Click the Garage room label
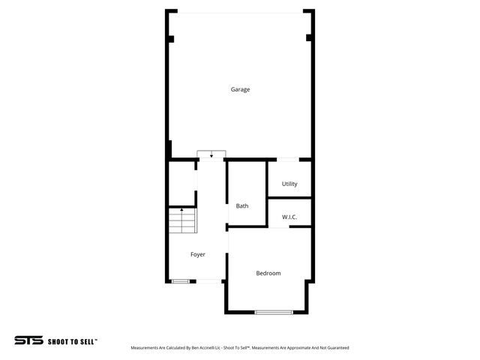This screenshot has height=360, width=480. tap(240, 90)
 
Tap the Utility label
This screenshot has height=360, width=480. tap(289, 184)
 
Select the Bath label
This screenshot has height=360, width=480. tap(242, 206)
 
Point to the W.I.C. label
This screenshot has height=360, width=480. tap(289, 217)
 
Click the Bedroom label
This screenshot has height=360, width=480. tap(268, 273)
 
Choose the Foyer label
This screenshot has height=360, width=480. tap(197, 255)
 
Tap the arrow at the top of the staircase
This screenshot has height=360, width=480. tap(181, 211)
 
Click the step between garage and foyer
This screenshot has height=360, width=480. tap(211, 155)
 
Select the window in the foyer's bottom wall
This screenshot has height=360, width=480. tap(180, 281)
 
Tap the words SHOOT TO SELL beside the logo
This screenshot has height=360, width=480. tap(73, 341)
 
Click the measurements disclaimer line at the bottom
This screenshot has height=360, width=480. tap(240, 348)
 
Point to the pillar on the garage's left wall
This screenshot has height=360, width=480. tap(171, 38)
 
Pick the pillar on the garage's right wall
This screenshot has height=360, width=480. tap(309, 38)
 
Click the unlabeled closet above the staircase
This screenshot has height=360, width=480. tap(181, 184)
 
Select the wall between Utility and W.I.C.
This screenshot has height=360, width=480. tap(289, 198)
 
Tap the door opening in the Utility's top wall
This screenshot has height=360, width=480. tap(289, 160)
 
